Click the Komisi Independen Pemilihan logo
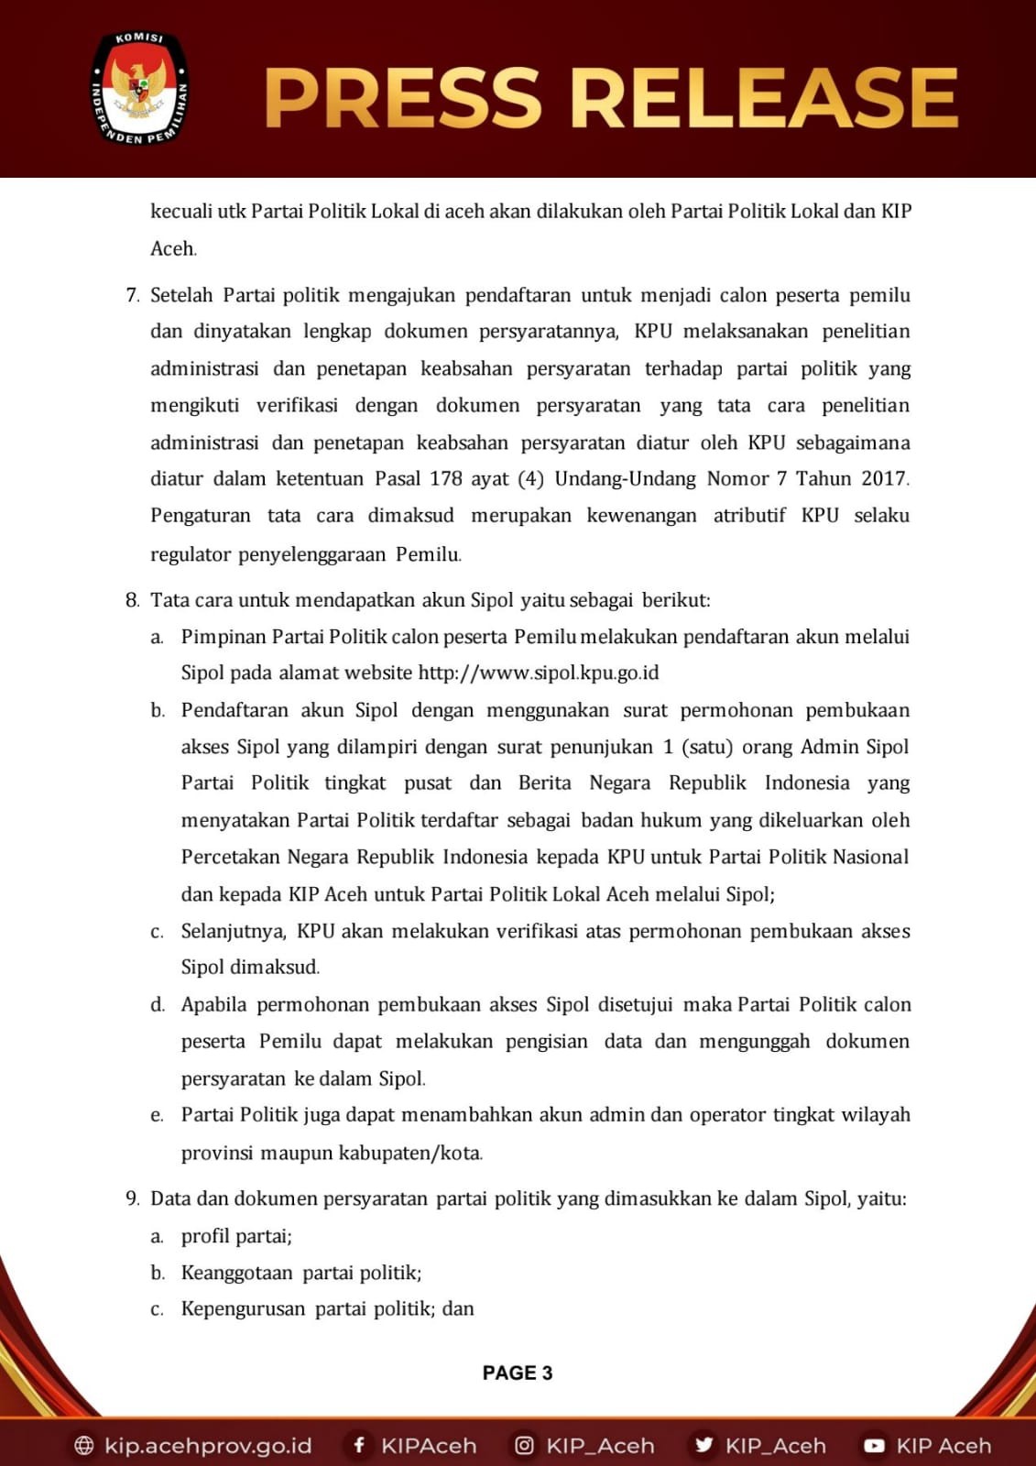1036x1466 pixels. (139, 90)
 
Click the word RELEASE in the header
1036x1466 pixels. (764, 98)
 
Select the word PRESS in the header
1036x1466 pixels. (404, 98)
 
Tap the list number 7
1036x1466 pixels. (132, 295)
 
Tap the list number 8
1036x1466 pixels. (132, 600)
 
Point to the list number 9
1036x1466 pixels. (132, 1198)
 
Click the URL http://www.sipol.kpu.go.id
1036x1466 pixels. (538, 673)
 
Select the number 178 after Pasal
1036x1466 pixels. (446, 478)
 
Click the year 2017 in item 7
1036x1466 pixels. (884, 478)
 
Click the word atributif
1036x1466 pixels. (748, 515)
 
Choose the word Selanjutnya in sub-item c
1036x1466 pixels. (234, 931)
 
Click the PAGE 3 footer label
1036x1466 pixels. (518, 1373)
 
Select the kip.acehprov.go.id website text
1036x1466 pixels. (208, 1446)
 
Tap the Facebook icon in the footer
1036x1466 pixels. (359, 1445)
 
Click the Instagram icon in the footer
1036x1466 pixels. (524, 1445)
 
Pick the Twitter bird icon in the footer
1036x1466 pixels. (703, 1445)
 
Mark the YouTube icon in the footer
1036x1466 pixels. (874, 1446)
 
